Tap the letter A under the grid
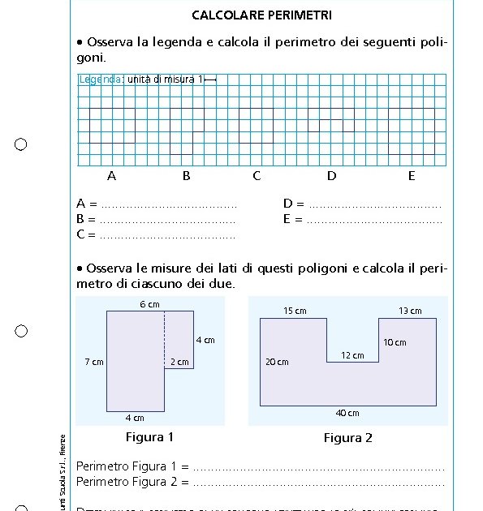(111, 175)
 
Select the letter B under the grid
(186, 175)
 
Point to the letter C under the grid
(257, 175)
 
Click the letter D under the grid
(331, 175)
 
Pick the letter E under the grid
(412, 175)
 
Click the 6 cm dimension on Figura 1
(149, 304)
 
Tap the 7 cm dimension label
(94, 362)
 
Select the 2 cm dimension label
(179, 362)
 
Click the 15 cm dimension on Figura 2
(295, 311)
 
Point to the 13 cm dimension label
(410, 311)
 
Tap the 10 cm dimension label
(395, 342)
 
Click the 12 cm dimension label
(352, 355)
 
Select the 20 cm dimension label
(277, 362)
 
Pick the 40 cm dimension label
(347, 413)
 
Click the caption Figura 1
(150, 437)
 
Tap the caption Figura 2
(348, 438)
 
